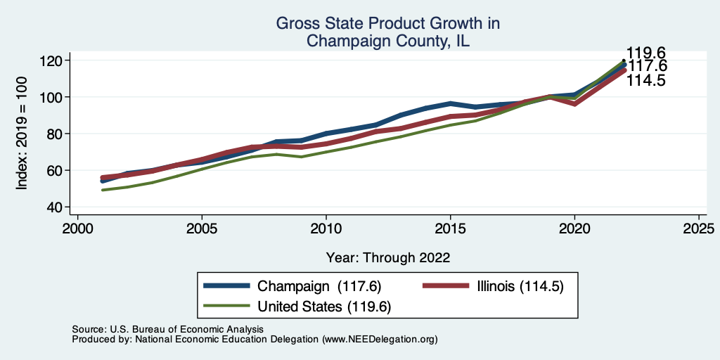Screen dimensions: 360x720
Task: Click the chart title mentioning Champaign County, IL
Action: (x=387, y=32)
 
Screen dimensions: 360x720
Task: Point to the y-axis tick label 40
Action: (x=56, y=207)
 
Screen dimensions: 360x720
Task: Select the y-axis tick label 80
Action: (x=56, y=134)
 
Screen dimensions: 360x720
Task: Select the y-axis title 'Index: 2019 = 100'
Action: (x=22, y=134)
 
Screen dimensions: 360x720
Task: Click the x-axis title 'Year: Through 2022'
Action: (x=387, y=257)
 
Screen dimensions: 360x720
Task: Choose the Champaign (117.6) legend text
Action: (x=319, y=286)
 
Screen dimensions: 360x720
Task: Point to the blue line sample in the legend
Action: (x=226, y=286)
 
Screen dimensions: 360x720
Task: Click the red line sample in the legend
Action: (x=445, y=286)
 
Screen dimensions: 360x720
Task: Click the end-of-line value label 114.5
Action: (x=646, y=80)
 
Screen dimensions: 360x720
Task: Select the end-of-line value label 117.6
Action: (x=647, y=66)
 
